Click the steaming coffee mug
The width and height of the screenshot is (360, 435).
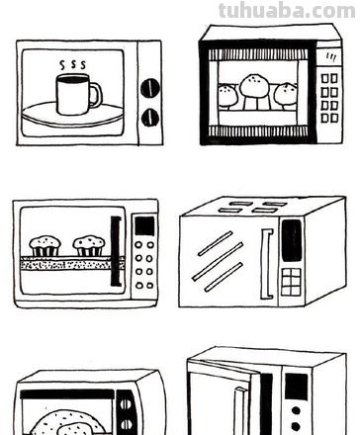point(76,95)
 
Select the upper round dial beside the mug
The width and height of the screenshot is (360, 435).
point(150,88)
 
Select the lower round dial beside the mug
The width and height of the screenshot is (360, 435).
point(150,118)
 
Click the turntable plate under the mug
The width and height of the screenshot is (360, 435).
point(72,114)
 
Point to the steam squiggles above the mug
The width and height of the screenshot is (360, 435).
point(72,65)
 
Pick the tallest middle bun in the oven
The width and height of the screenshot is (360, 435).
point(253,87)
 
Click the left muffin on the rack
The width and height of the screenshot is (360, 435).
point(45,246)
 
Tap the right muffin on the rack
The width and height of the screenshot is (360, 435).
point(89,246)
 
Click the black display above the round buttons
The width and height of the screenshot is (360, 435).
point(144,225)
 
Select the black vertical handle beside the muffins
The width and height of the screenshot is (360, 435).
point(116,251)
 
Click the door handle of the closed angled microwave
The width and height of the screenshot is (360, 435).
point(267,264)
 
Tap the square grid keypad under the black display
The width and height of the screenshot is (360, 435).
point(291,282)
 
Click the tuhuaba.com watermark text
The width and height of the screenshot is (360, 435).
point(287,11)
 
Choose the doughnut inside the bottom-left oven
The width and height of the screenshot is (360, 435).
point(68,423)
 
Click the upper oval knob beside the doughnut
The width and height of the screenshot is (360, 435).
point(125,405)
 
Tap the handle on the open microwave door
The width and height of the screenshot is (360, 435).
point(239,411)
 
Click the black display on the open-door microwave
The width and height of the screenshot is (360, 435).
point(296,387)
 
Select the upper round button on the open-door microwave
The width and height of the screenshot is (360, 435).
point(296,411)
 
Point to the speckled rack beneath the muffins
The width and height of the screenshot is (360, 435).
point(71,264)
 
